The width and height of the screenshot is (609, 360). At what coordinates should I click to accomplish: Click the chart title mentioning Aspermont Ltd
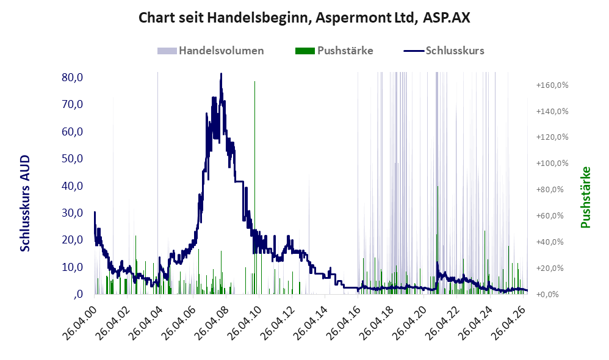point(304,18)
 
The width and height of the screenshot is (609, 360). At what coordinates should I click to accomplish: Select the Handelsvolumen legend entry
point(211,51)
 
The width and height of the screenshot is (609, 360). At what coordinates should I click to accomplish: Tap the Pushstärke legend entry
point(334,51)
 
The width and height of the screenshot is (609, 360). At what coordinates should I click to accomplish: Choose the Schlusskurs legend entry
point(444,51)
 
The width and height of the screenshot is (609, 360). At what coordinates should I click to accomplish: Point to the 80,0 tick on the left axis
point(72,77)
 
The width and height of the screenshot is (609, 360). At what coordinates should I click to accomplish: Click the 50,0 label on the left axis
point(72,159)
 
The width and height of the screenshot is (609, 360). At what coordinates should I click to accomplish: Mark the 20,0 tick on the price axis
point(72,240)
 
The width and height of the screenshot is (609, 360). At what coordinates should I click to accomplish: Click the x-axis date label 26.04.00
point(79,322)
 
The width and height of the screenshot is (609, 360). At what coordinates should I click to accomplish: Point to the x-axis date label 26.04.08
point(211,322)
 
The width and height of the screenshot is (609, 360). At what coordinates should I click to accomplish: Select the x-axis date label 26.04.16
point(343,322)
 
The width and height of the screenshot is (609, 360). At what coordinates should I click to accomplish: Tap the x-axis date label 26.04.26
point(508,322)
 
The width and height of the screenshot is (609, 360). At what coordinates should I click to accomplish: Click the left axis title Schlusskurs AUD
point(25,203)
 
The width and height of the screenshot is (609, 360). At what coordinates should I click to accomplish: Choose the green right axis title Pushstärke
point(585,197)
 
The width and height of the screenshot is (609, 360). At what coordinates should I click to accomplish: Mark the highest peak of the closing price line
point(221,73)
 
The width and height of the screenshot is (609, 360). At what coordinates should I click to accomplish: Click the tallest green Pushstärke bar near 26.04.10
point(255,187)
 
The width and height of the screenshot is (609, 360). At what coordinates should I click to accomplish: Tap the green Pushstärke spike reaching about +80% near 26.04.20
point(438,240)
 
